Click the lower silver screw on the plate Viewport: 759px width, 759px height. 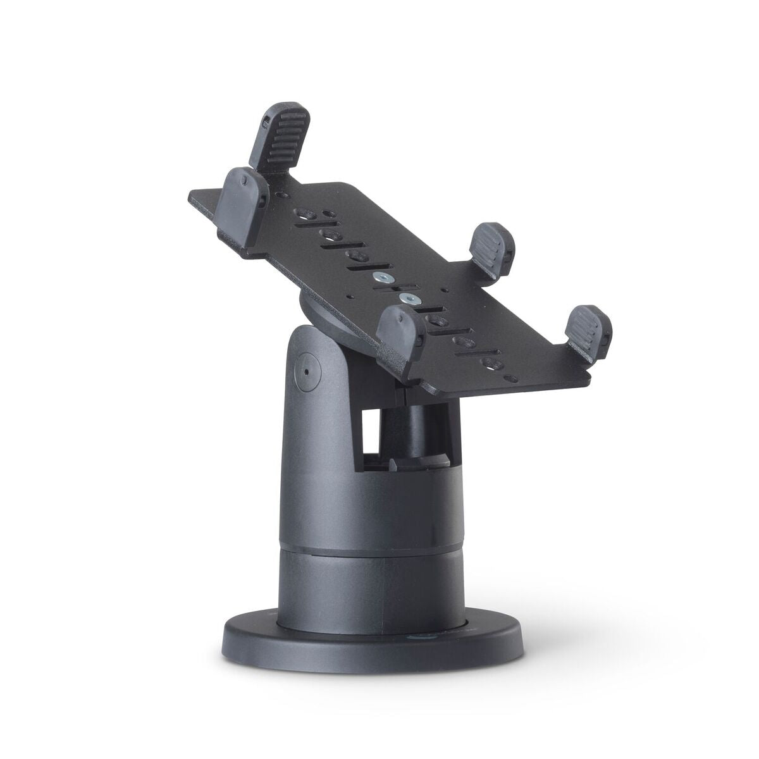click(409, 297)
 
